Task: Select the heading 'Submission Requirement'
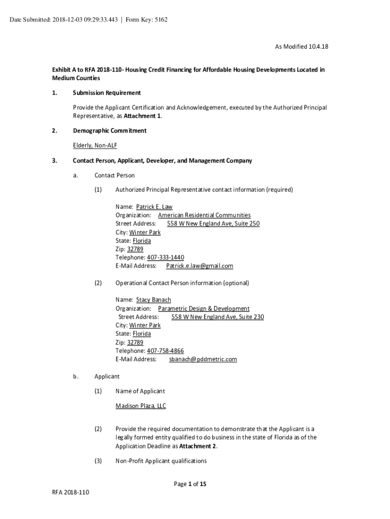[106, 93]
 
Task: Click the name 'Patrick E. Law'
[154, 207]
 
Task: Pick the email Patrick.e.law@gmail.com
[200, 266]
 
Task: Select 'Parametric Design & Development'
[204, 309]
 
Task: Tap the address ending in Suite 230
[217, 317]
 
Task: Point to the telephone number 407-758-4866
[165, 351]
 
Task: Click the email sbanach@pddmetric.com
[203, 359]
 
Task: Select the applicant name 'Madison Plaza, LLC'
[140, 406]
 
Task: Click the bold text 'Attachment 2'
[198, 446]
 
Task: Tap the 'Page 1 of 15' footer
[190, 484]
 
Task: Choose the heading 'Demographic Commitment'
[109, 131]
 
